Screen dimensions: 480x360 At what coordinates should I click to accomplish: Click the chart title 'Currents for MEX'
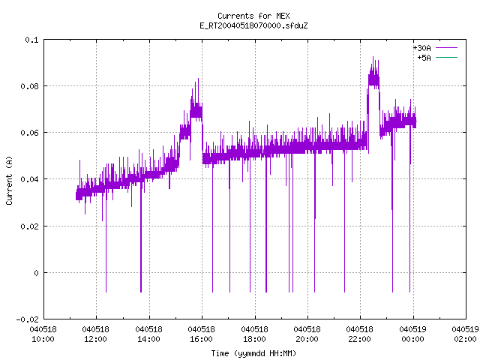click(x=253, y=16)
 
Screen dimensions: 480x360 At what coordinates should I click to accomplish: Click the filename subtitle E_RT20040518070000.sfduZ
click(x=253, y=25)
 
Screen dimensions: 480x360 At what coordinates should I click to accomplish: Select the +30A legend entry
click(x=435, y=48)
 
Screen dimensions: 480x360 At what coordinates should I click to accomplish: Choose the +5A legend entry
click(x=437, y=58)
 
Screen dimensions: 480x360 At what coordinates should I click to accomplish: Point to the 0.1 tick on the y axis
click(x=31, y=40)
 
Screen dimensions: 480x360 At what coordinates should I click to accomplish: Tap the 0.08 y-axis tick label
click(x=30, y=86)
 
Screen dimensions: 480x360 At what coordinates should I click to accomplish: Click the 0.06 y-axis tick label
click(x=30, y=133)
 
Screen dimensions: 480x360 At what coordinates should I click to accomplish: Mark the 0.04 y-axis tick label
click(x=30, y=179)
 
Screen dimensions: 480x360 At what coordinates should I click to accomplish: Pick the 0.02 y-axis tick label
click(x=30, y=226)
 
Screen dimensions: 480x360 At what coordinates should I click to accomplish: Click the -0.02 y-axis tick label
click(x=28, y=319)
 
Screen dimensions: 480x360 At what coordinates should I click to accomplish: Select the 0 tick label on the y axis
click(x=37, y=273)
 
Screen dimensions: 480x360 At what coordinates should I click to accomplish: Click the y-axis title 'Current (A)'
click(x=9, y=181)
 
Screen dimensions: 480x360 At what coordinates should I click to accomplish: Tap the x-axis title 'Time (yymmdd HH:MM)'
click(x=253, y=353)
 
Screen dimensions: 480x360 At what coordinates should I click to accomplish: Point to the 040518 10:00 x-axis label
click(x=43, y=334)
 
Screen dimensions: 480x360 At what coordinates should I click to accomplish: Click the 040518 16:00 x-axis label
click(x=202, y=334)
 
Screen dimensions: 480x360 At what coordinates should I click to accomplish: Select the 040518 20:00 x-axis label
click(x=307, y=334)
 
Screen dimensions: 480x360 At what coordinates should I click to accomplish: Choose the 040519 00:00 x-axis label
click(x=412, y=334)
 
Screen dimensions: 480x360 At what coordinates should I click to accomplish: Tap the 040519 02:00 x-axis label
click(x=465, y=334)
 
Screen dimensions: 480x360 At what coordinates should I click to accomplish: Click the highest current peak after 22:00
click(x=373, y=57)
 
